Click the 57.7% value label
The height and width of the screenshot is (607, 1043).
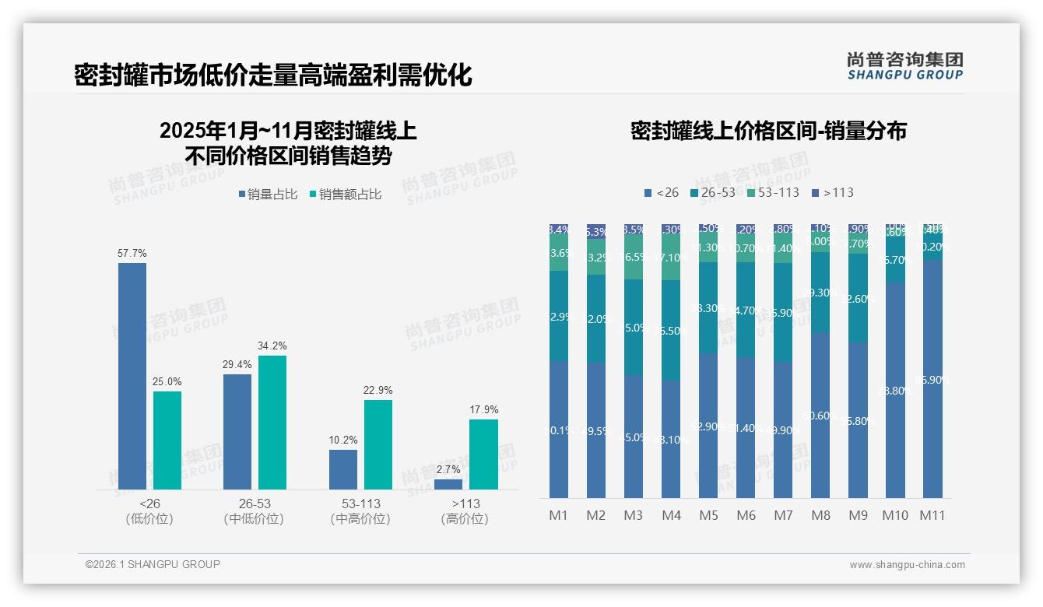[x=132, y=254]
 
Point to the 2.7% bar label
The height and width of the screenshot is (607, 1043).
[x=448, y=470]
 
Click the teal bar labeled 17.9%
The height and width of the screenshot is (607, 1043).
[x=483, y=454]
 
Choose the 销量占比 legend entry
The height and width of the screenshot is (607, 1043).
[x=268, y=195]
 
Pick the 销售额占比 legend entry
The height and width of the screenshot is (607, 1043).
[x=346, y=195]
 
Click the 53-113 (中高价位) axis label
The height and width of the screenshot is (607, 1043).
[x=360, y=511]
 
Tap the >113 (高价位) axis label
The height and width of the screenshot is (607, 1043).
[x=465, y=511]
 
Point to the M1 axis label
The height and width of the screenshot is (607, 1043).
[x=559, y=515]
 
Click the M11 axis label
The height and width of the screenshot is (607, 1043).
[x=932, y=515]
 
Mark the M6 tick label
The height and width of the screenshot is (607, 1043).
[x=746, y=515]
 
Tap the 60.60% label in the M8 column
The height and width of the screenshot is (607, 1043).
[x=821, y=416]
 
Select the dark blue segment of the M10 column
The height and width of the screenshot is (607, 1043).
[x=895, y=389]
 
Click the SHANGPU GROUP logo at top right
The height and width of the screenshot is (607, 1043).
[x=904, y=66]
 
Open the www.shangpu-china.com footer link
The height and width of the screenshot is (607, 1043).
[x=907, y=565]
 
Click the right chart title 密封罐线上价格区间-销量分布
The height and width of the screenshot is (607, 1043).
[x=768, y=131]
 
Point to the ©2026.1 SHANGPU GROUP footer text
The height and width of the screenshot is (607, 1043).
[x=153, y=564]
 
